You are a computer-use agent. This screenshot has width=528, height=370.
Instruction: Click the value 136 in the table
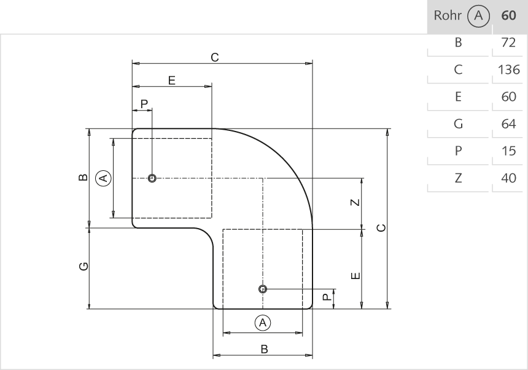[509, 69]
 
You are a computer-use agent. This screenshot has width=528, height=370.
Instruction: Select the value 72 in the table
[509, 43]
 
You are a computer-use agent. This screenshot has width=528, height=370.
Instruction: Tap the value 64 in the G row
[509, 124]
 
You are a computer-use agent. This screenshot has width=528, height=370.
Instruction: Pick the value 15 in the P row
[509, 151]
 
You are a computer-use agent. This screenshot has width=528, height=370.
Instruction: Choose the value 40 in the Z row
[509, 178]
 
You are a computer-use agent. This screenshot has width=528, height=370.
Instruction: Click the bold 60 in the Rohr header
[509, 16]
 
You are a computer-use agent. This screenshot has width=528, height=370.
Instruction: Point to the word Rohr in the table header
[447, 16]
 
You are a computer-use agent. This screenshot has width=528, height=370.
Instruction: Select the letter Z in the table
[458, 178]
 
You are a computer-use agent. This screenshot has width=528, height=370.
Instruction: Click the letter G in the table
[458, 124]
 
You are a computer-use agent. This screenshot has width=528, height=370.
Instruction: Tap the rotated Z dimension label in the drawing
[355, 203]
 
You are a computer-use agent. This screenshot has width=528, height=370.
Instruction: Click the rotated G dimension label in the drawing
[83, 266]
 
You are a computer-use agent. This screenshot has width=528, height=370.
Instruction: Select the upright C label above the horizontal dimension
[214, 57]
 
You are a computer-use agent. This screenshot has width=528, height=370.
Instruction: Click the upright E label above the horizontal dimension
[172, 80]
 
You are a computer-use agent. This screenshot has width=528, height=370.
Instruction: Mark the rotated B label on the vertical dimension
[83, 178]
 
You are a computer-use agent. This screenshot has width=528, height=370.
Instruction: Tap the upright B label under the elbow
[264, 348]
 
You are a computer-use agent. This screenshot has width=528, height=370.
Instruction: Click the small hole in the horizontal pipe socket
[152, 178]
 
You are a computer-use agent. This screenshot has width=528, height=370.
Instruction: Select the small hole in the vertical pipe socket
[263, 288]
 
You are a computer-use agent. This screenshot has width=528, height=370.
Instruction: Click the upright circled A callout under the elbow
[263, 322]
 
